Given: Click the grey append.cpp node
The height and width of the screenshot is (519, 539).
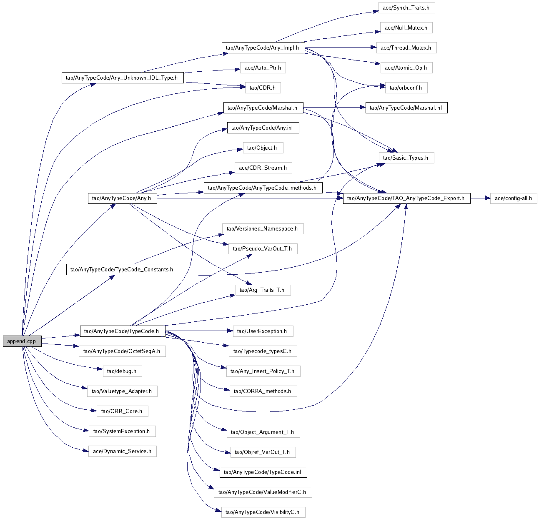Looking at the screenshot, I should coord(22,341).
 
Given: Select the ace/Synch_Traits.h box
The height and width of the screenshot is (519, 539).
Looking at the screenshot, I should coord(406,8).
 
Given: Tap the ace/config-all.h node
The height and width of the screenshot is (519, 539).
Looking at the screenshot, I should coord(513,198).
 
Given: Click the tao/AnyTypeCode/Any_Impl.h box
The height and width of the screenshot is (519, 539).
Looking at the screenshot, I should coord(263,48).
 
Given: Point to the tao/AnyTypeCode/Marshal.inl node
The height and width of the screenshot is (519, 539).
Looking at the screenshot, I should coord(406,108).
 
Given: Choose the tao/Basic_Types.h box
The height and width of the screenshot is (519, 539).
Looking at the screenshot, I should coord(406,158).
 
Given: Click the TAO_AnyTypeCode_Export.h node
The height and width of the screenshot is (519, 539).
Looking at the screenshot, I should coord(406,198).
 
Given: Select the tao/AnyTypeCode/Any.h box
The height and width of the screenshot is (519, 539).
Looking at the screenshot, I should coord(122,198).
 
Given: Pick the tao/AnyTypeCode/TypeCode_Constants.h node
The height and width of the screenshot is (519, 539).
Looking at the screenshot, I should coord(122,270).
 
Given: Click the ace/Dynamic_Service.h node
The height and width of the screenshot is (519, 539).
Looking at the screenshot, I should coord(122,451).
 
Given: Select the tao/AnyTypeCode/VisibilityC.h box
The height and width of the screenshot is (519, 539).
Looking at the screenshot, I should coord(263,512).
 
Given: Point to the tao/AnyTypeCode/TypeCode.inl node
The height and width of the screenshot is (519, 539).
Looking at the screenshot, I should coord(263,472).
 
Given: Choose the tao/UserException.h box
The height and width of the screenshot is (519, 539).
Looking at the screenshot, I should coord(262,331).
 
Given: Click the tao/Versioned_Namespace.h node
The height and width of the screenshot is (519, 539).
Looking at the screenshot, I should coord(262,229).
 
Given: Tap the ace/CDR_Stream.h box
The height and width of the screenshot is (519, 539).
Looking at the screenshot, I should coord(263,168).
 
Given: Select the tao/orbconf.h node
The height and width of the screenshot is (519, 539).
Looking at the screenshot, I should coord(406,88).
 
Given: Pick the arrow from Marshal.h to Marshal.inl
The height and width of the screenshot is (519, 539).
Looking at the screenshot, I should coord(333,108).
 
